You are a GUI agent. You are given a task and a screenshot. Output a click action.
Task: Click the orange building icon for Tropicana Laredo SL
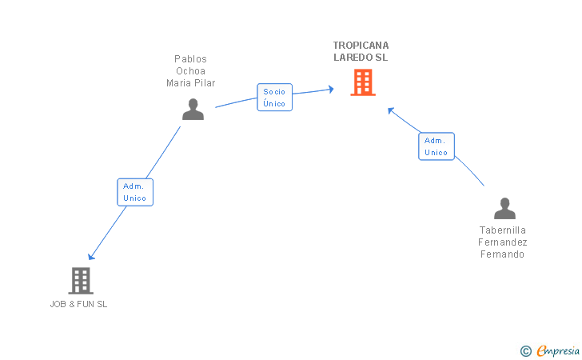coord(362,82)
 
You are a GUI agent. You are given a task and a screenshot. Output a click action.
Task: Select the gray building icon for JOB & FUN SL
coord(80,280)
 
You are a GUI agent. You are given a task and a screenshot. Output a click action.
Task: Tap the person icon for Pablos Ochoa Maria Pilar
coord(193,109)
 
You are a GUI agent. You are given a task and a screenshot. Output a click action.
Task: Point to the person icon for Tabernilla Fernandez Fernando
coord(504,208)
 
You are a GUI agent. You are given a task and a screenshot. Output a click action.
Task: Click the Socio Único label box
coord(274,98)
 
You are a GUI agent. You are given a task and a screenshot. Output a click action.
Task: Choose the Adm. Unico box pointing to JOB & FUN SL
coord(134,192)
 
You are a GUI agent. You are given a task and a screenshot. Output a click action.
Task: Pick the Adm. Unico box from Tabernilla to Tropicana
coord(436,146)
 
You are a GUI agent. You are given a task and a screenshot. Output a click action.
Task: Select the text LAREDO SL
coord(361,58)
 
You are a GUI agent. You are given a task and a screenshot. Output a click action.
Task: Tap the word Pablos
coord(190,59)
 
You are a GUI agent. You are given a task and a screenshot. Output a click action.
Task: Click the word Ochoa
coord(190,71)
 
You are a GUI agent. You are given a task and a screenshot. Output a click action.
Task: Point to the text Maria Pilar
coord(190,83)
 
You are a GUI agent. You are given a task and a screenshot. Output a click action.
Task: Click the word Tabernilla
coord(503,230)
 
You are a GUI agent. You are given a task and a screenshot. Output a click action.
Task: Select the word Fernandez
coord(503,242)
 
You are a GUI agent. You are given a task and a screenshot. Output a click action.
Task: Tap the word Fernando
coord(503,254)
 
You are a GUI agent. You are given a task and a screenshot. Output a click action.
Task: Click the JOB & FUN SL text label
coord(78,304)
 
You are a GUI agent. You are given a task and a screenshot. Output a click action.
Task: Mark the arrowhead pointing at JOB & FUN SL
coord(91,256)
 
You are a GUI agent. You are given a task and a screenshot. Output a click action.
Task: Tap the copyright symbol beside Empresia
coord(525,350)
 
